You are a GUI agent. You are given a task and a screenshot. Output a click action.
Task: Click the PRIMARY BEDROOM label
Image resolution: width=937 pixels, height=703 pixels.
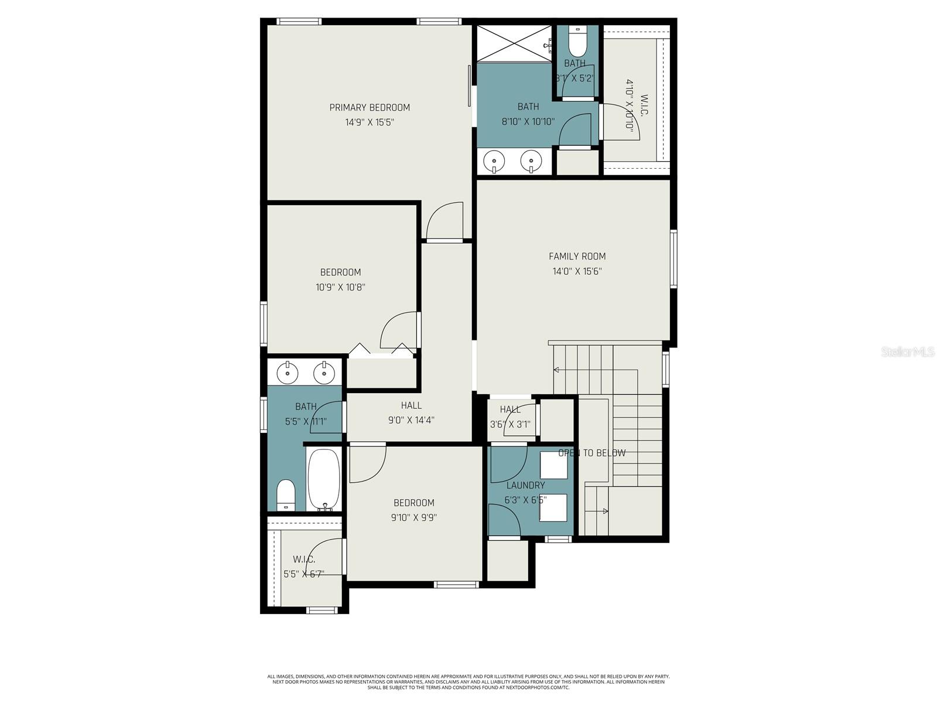pyautogui.click(x=370, y=107)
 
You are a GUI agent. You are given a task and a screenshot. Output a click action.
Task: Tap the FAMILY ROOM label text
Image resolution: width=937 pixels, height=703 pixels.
pyautogui.click(x=577, y=256)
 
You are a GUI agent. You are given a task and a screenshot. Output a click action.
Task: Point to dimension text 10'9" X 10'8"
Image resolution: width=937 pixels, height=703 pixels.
pyautogui.click(x=340, y=287)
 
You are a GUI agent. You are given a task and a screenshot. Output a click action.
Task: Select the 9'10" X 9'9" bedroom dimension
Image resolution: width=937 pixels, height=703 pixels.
pyautogui.click(x=413, y=517)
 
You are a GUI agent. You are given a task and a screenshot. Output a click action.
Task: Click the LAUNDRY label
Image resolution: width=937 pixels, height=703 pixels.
pyautogui.click(x=525, y=485)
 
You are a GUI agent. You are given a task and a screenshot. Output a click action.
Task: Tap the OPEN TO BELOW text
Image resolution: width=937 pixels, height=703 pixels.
pyautogui.click(x=591, y=453)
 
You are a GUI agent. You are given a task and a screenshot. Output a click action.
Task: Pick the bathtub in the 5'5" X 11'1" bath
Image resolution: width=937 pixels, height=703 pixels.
pyautogui.click(x=323, y=479)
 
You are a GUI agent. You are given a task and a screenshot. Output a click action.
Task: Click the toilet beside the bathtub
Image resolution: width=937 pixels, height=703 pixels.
pyautogui.click(x=286, y=495)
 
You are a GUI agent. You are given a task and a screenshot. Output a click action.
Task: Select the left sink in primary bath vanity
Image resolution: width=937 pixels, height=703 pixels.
pyautogui.click(x=496, y=159)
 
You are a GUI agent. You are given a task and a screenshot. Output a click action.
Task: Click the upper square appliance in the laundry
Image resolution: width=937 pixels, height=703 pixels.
pyautogui.click(x=553, y=465)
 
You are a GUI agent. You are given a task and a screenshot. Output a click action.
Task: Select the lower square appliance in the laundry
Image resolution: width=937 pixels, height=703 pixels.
pyautogui.click(x=553, y=507)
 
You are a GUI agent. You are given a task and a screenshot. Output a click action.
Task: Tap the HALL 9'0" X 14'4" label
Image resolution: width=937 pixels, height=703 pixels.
pyautogui.click(x=411, y=412)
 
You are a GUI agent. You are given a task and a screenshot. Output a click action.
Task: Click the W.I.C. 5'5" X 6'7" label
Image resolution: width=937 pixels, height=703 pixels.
pyautogui.click(x=304, y=567)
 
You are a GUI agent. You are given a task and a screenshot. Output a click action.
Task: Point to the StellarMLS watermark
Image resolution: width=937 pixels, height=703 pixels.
pyautogui.click(x=907, y=351)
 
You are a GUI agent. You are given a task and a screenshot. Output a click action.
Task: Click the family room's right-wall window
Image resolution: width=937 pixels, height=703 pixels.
pyautogui.click(x=673, y=258)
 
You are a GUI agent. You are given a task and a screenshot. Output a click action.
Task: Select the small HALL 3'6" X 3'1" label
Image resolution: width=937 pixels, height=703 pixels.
pyautogui.click(x=510, y=417)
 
